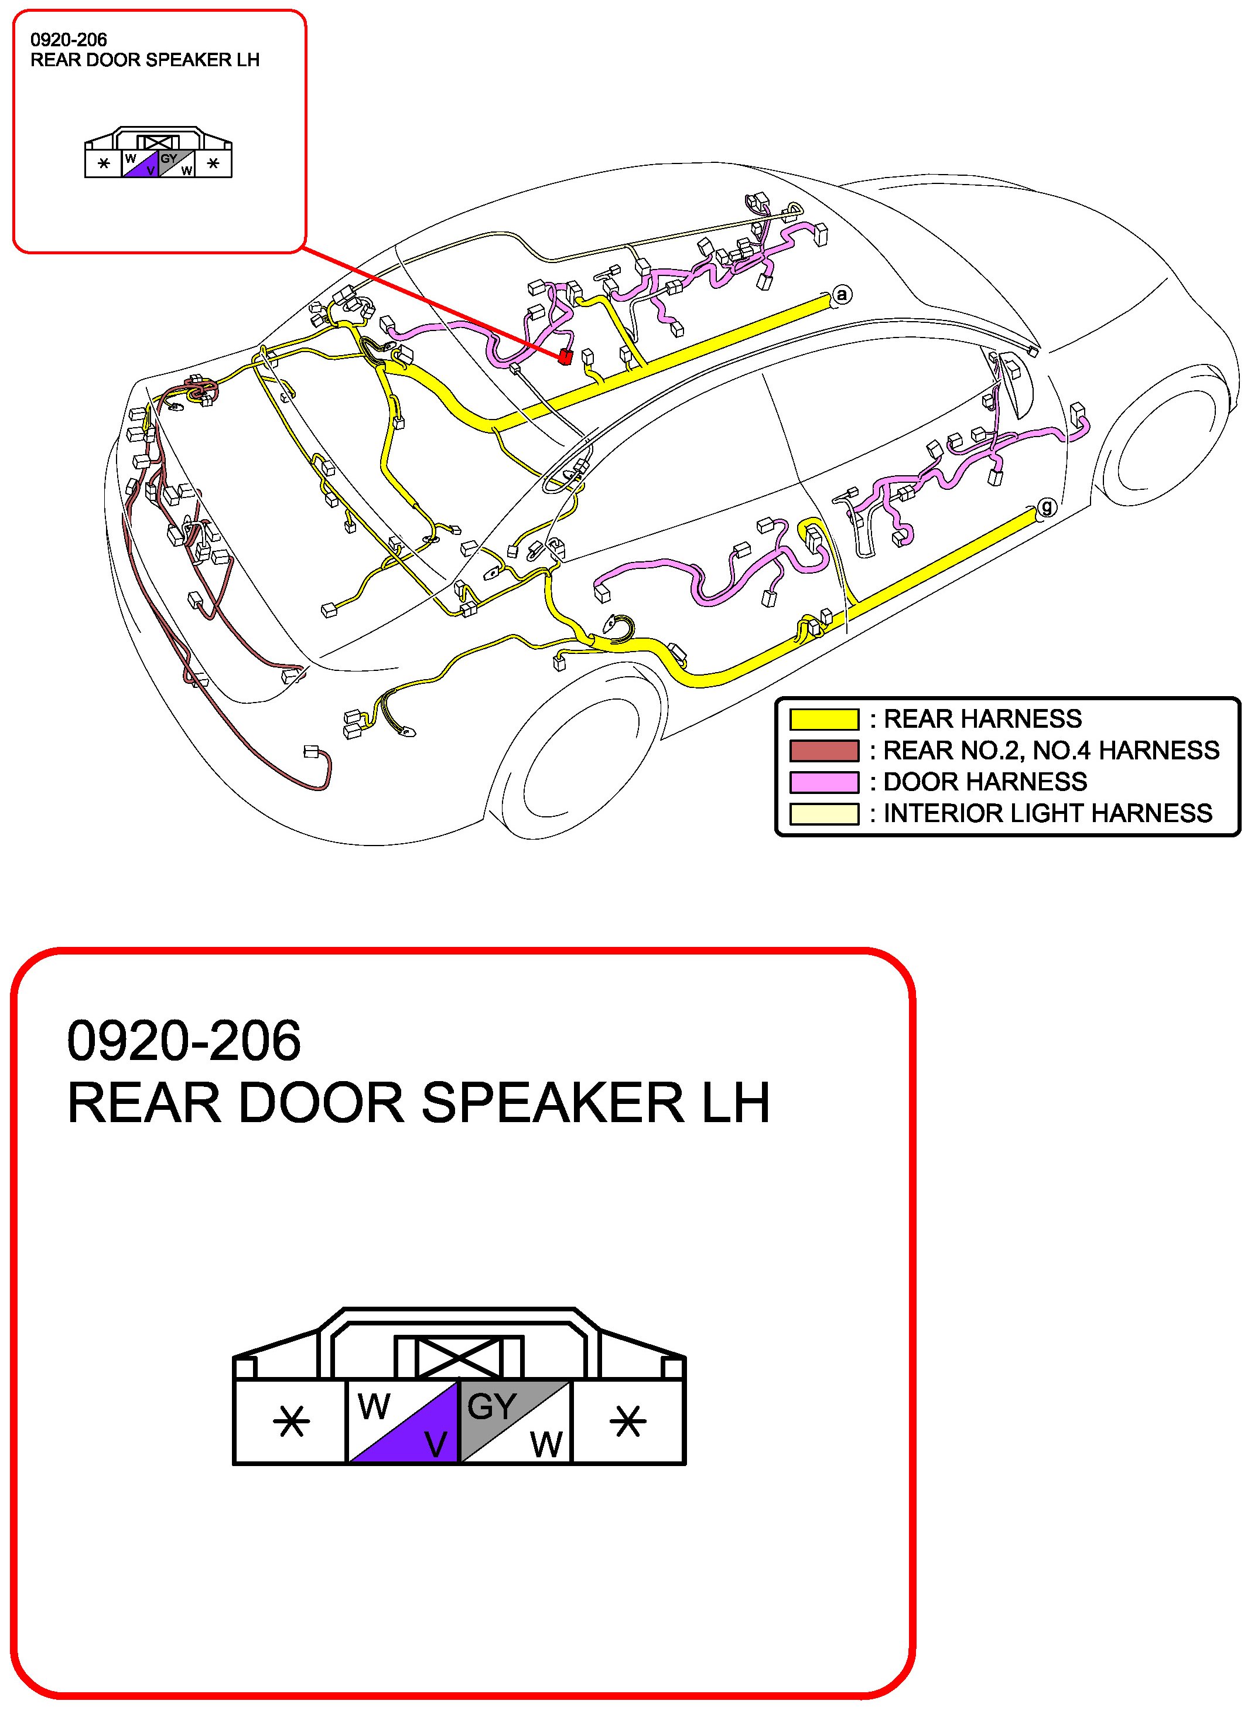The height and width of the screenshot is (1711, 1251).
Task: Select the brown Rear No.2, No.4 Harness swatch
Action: [x=824, y=751]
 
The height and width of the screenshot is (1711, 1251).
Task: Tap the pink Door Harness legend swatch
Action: [x=824, y=782]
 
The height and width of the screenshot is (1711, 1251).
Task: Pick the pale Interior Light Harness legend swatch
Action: [x=824, y=813]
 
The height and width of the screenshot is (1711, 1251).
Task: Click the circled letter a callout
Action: [x=841, y=295]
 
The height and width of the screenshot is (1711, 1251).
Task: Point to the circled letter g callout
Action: [x=1046, y=507]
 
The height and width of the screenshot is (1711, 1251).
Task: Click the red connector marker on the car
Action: [x=564, y=357]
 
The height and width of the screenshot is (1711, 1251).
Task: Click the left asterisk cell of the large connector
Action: [x=291, y=1421]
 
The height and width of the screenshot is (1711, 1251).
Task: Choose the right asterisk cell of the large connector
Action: [x=628, y=1421]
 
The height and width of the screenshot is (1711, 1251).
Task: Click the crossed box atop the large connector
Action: [x=459, y=1356]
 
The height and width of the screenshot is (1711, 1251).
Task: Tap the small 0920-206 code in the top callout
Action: [x=68, y=39]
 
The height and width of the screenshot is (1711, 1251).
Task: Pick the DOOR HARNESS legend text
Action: [x=985, y=782]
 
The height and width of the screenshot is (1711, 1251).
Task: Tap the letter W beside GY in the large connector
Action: [x=546, y=1445]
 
